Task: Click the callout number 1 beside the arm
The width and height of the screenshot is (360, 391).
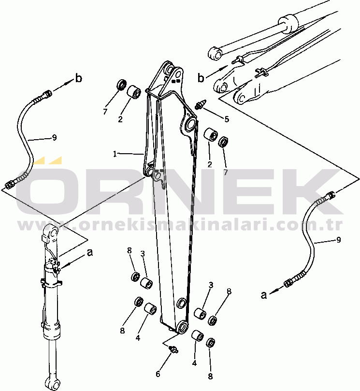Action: pos(115,154)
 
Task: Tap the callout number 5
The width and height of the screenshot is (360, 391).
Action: pos(226,119)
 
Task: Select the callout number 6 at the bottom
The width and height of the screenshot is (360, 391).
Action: pos(158,374)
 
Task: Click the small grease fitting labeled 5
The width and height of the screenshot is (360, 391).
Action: pos(201,104)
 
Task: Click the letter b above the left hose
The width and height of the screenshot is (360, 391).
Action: pos(79,78)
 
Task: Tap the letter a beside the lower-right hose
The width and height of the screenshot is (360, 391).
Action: pos(264,295)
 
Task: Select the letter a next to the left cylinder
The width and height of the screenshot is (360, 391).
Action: pos(90,252)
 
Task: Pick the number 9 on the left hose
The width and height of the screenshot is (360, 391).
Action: pos(55,137)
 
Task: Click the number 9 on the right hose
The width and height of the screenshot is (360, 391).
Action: pos(339,240)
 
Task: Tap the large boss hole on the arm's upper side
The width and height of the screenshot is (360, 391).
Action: pos(191,124)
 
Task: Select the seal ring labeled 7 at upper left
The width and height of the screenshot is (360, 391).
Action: pos(122,85)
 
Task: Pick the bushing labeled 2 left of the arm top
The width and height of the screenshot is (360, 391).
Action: pos(134,92)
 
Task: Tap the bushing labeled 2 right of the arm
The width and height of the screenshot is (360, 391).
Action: pos(211,135)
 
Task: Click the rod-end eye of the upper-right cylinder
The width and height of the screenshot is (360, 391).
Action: pos(215,53)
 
